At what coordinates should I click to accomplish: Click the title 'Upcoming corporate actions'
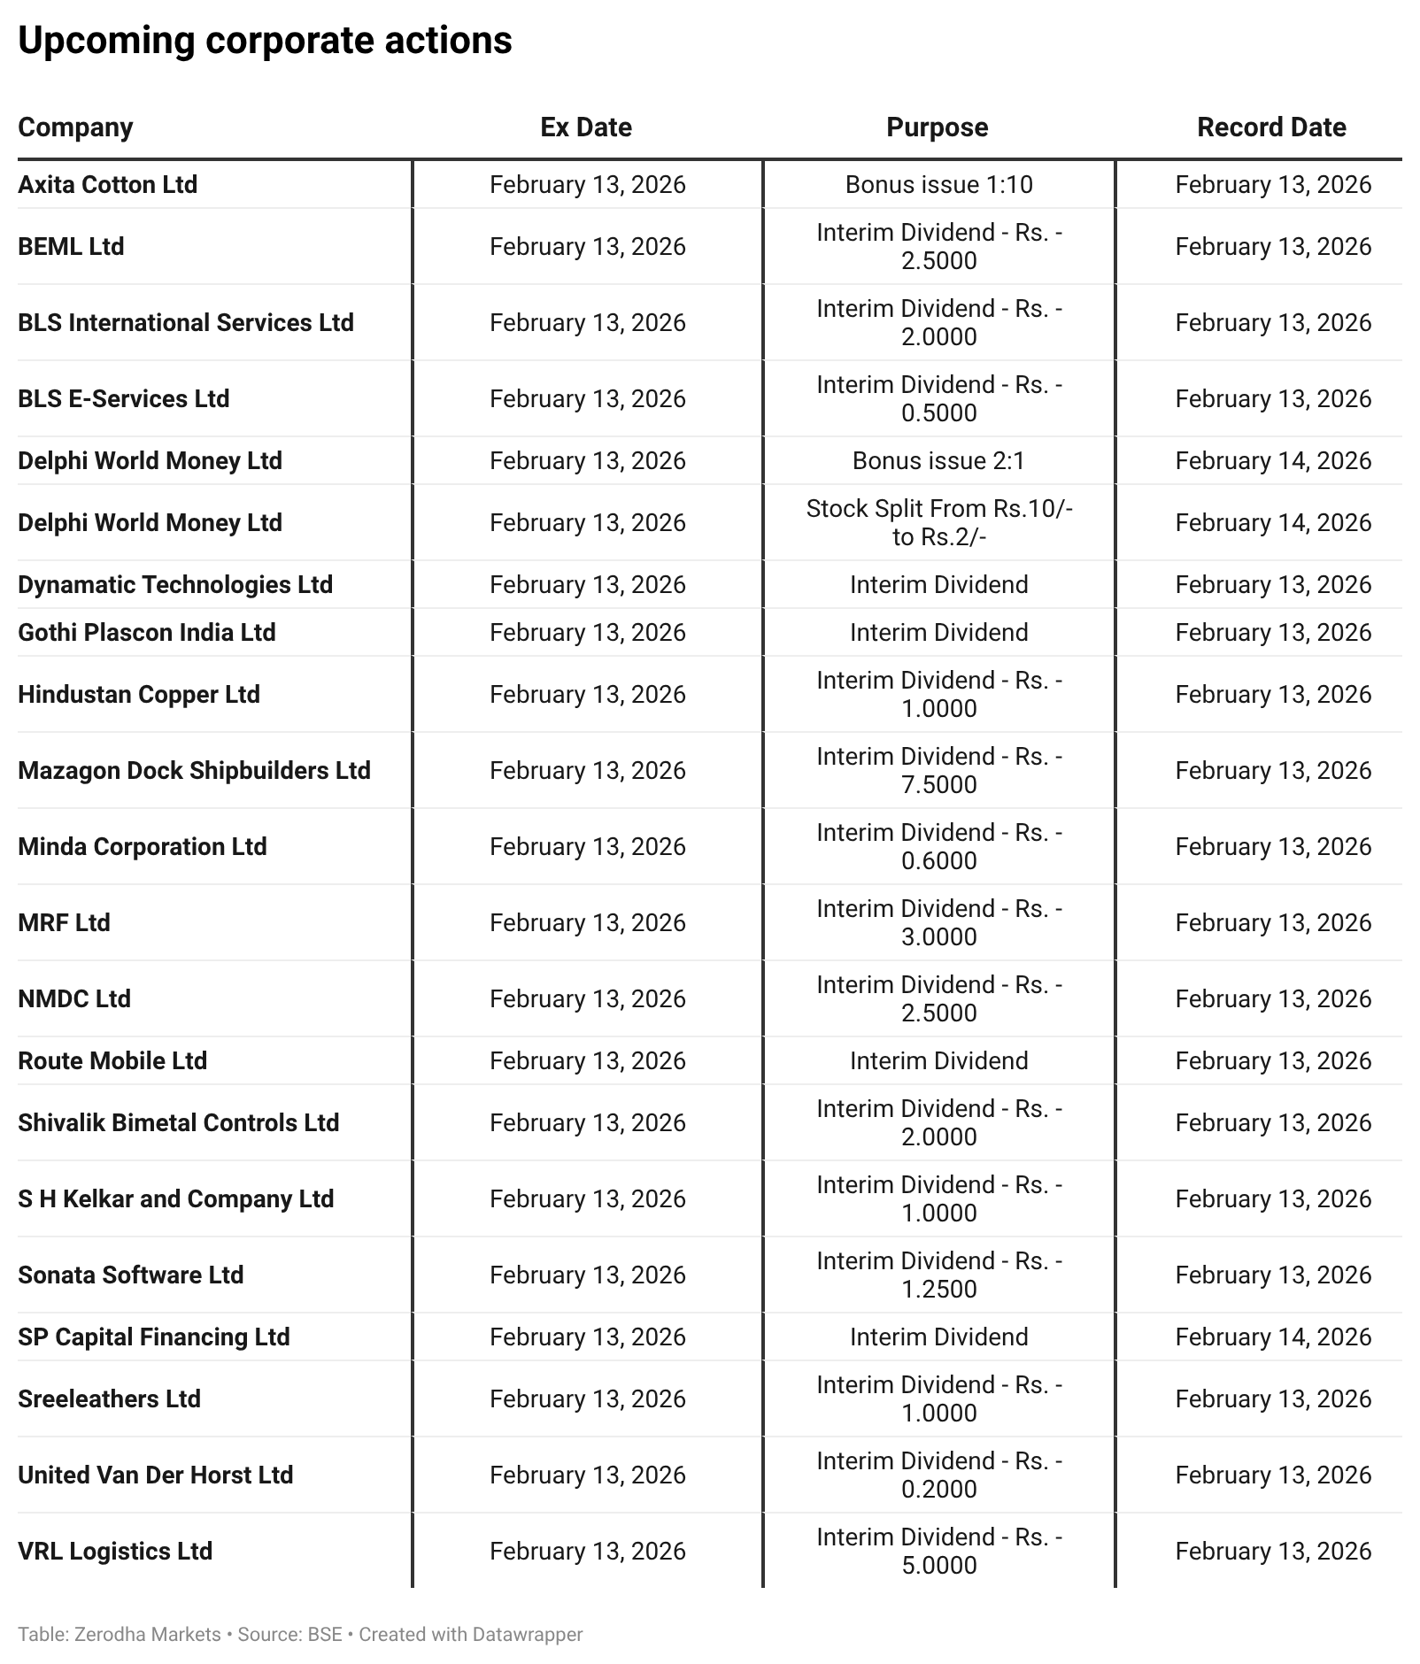[x=265, y=41]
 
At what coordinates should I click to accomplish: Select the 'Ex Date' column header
[x=586, y=127]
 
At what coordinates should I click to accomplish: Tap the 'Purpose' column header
[x=938, y=127]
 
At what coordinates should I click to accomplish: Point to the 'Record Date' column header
[x=1271, y=127]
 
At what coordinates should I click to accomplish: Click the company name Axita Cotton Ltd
[x=107, y=184]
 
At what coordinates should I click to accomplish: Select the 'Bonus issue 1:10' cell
[x=938, y=184]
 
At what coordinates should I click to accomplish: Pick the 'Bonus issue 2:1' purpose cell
[x=938, y=460]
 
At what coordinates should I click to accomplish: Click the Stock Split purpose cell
[x=938, y=522]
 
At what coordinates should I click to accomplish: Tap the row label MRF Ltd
[x=64, y=922]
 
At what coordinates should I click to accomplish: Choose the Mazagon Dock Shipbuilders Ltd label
[x=194, y=770]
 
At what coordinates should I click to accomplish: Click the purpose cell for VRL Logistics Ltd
[x=938, y=1551]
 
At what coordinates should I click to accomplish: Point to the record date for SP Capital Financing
[x=1273, y=1337]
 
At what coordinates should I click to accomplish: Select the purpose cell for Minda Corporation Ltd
[x=938, y=846]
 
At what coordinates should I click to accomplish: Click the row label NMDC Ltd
[x=74, y=998]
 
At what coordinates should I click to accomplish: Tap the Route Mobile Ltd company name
[x=112, y=1060]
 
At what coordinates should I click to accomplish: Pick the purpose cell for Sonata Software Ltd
[x=938, y=1275]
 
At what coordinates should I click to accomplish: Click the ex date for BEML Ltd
[x=587, y=246]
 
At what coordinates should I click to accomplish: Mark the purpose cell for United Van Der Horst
[x=938, y=1475]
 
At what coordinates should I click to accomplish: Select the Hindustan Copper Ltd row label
[x=139, y=694]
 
